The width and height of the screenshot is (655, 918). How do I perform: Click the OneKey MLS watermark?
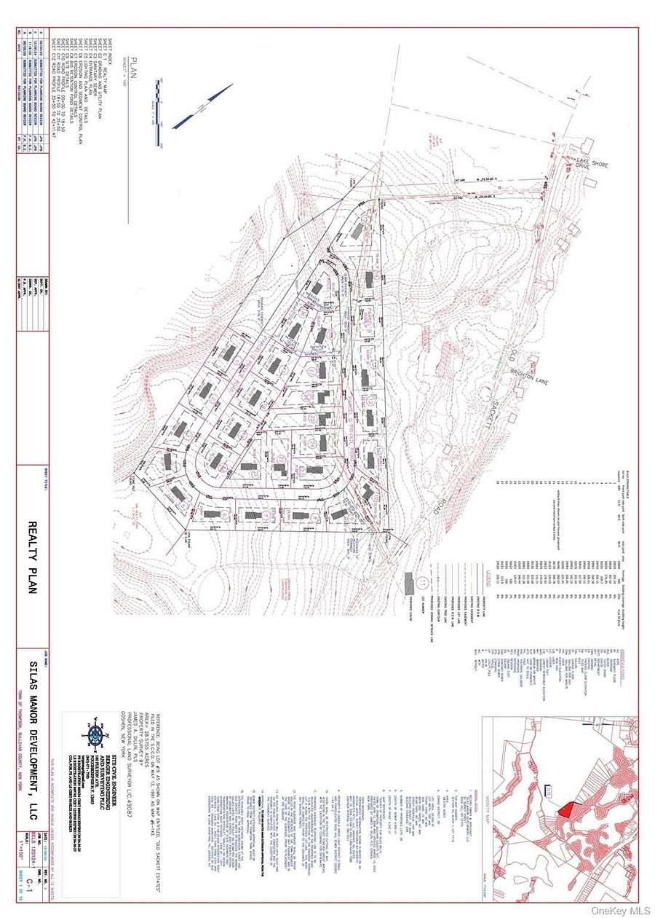[619, 907]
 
